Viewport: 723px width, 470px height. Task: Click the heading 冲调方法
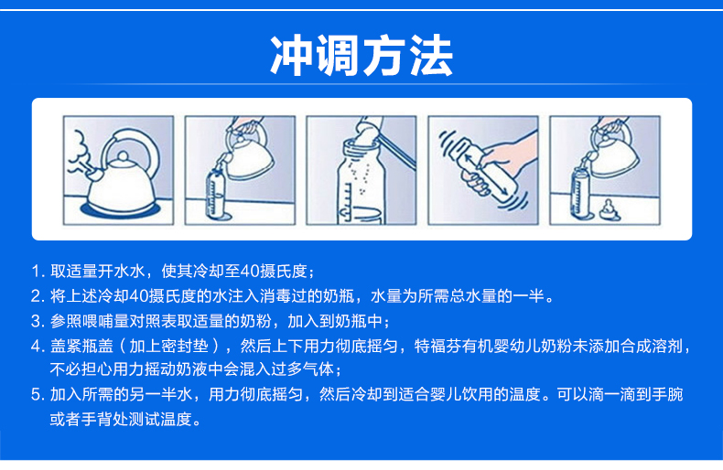[361, 55]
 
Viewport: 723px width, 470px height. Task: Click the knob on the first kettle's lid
[123, 156]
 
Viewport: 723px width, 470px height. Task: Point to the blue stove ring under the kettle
[121, 210]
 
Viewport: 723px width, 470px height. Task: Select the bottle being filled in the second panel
[215, 193]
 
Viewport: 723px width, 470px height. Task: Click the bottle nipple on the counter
[610, 209]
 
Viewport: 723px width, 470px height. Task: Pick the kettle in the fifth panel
[610, 148]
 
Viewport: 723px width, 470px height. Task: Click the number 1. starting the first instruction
[38, 271]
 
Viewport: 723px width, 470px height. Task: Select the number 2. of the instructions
[38, 296]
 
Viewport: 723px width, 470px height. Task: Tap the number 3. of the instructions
[38, 321]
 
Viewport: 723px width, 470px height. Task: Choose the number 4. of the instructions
[38, 346]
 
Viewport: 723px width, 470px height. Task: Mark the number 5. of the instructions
[38, 394]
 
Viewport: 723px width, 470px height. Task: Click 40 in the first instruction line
[250, 271]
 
